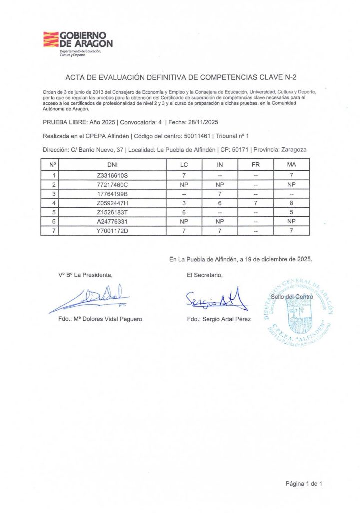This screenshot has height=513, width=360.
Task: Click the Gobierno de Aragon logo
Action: (x=77, y=44)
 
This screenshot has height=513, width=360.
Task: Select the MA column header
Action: (x=291, y=164)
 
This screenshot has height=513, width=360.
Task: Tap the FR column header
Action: (x=255, y=164)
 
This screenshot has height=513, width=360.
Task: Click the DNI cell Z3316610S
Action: (x=113, y=175)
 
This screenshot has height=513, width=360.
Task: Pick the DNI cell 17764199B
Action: (x=113, y=194)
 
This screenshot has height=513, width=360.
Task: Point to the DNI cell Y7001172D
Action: (x=113, y=231)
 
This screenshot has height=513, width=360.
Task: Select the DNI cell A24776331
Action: (x=113, y=221)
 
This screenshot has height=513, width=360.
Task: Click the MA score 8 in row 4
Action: (x=291, y=203)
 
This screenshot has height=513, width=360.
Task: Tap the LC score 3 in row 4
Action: (x=184, y=203)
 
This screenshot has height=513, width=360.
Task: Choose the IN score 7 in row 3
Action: (x=219, y=194)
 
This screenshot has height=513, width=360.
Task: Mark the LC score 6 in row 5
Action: (x=184, y=212)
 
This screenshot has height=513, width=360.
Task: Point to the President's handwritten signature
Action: (x=90, y=299)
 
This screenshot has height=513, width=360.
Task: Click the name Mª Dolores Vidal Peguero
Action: (x=100, y=319)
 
